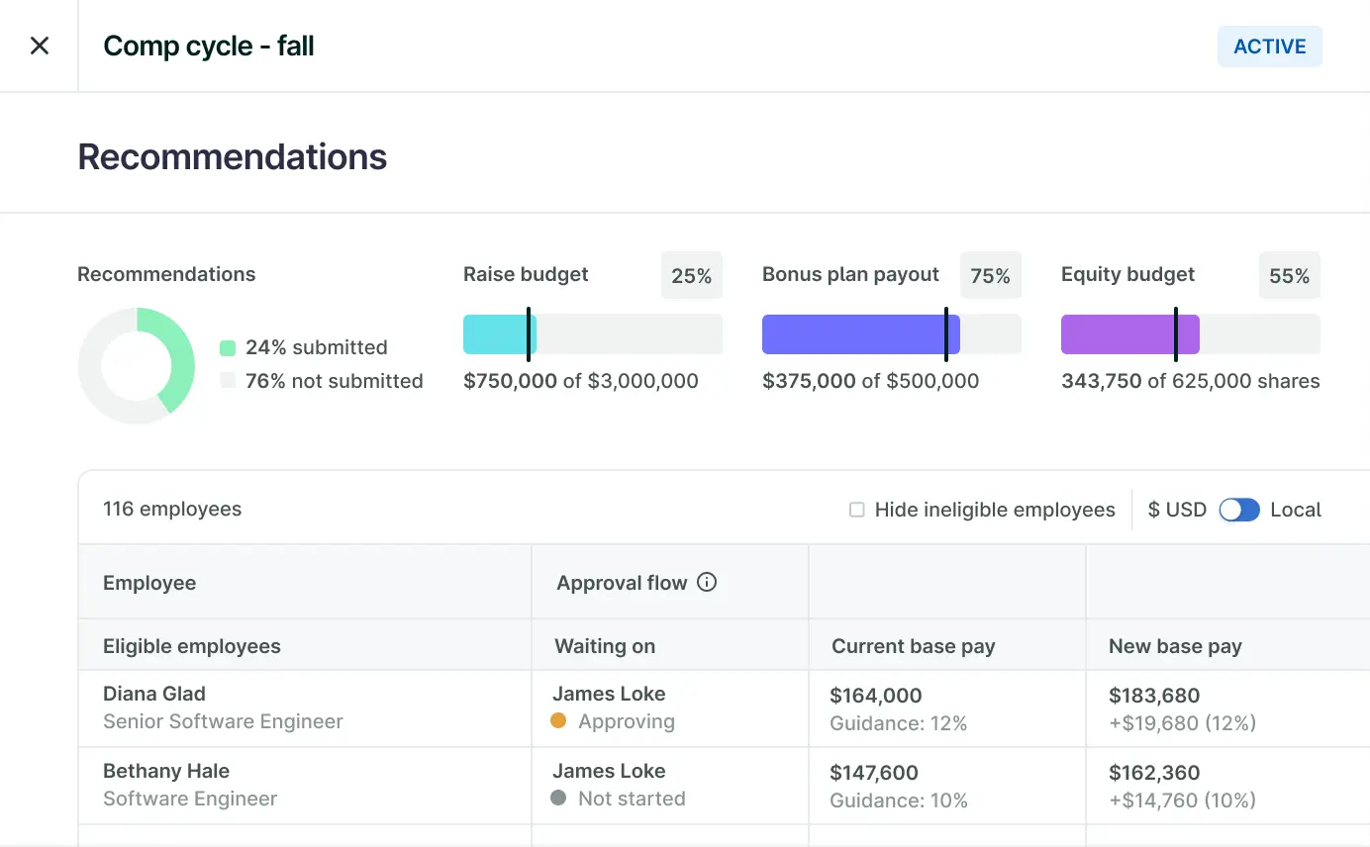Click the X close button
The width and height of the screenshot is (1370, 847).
click(x=40, y=47)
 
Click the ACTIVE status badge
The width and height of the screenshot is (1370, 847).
click(x=1269, y=47)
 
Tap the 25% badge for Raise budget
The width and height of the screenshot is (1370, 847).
click(x=691, y=276)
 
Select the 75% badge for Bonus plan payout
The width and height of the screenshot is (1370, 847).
click(x=990, y=276)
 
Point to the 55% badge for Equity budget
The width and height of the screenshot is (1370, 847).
click(x=1289, y=276)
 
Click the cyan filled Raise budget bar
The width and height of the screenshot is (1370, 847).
click(x=498, y=334)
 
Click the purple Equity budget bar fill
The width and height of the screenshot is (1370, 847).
click(x=1128, y=334)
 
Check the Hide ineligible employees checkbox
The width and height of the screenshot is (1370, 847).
click(x=857, y=510)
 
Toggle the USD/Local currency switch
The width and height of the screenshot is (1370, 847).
click(x=1239, y=510)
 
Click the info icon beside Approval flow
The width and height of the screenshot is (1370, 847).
click(x=707, y=583)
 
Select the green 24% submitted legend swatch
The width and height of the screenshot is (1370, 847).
click(x=228, y=348)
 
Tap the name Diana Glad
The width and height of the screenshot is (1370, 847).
click(x=154, y=694)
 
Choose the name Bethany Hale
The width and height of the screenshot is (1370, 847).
click(x=166, y=771)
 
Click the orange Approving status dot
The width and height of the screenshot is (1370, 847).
click(x=558, y=721)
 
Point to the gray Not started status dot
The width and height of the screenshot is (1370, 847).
click(x=558, y=798)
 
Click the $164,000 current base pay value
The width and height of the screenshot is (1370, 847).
click(x=876, y=696)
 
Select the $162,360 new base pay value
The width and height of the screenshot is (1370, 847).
click(x=1154, y=773)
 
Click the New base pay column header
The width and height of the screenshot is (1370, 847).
click(x=1175, y=646)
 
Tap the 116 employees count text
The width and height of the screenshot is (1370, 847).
click(x=172, y=510)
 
